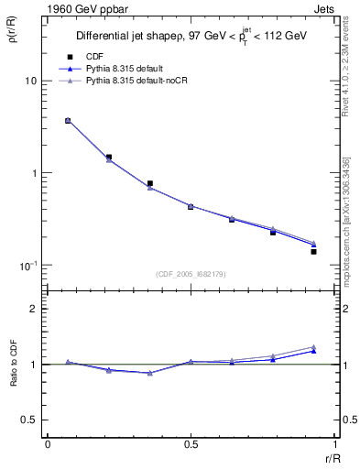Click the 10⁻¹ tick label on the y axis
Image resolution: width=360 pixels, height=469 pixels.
(27, 266)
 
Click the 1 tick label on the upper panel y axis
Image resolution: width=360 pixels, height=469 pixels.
(34, 173)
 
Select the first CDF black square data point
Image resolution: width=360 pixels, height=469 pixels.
(68, 120)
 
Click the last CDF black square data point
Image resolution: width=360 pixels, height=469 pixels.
(313, 251)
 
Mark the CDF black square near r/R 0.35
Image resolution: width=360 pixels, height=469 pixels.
(150, 183)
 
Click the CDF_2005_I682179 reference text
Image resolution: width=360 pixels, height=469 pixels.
(191, 273)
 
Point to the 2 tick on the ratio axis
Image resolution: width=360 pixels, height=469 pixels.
(34, 309)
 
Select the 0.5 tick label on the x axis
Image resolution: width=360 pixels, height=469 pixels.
(191, 443)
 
